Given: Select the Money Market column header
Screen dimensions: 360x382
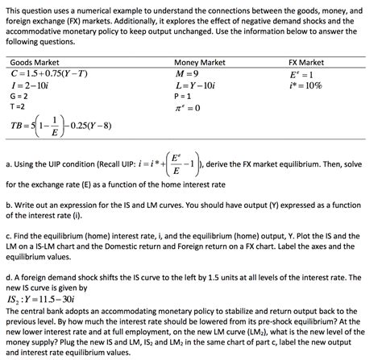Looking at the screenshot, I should pos(200,62).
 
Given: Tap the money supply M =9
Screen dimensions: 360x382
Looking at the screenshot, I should pos(185,73).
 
